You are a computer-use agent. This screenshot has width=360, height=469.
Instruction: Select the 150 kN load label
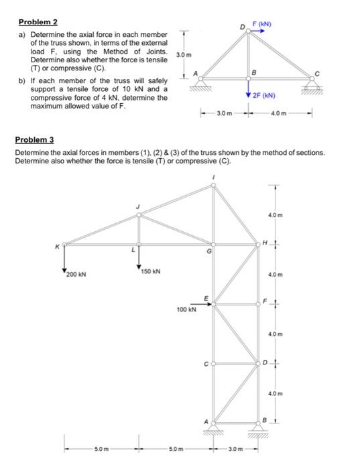click(x=151, y=271)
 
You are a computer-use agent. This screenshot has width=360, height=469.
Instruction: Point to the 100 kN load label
click(x=186, y=311)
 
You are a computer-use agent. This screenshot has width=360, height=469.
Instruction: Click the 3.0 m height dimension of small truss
click(x=184, y=54)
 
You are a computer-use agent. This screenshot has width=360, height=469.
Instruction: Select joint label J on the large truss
click(x=138, y=206)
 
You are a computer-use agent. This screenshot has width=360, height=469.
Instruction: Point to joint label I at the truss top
click(x=213, y=176)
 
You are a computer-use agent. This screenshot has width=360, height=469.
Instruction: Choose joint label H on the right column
click(x=265, y=242)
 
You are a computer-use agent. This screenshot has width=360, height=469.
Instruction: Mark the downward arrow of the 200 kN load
click(x=64, y=257)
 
